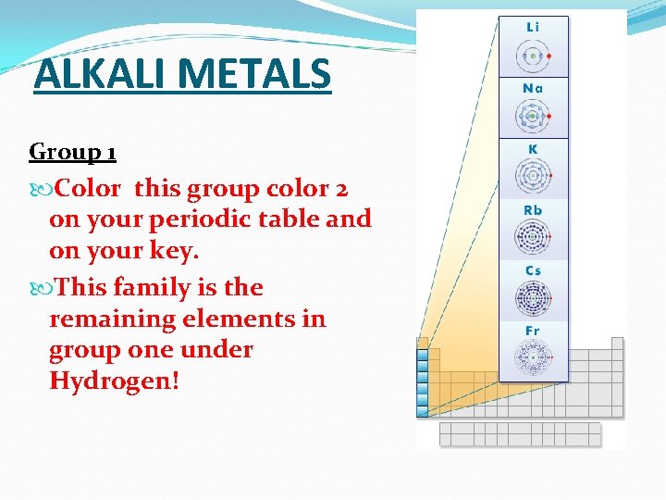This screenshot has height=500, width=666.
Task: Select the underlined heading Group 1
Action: pos(72,151)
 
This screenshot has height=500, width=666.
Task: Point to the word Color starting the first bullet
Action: pos(88,189)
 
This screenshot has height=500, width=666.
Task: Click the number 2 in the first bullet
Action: pos(341,189)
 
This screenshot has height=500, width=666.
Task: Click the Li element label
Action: pos(533,27)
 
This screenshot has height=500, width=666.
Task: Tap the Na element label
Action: pos(533,88)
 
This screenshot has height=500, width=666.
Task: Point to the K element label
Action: pos(533,149)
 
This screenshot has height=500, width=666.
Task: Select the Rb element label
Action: pos(533,210)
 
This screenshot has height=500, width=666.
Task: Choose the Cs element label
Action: pos(533,270)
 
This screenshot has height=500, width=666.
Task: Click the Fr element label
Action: pos(533,331)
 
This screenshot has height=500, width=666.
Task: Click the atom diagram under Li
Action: pos(533,56)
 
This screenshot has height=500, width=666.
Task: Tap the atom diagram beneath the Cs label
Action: pos(533,298)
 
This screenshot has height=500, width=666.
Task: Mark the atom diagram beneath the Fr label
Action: pos(533,356)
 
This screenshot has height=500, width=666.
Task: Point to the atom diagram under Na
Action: pos(533,116)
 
